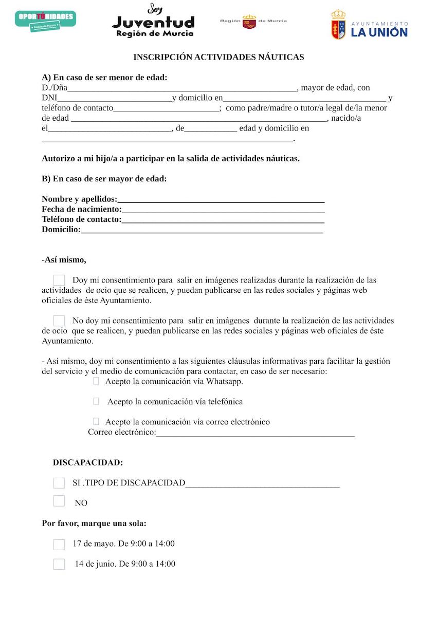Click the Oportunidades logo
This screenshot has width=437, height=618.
click(46, 20)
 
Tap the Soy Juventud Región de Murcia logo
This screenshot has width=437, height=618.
click(153, 21)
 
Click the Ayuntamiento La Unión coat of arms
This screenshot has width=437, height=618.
click(338, 25)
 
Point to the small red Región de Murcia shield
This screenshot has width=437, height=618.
click(249, 22)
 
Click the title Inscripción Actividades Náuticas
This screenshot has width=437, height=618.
click(219, 57)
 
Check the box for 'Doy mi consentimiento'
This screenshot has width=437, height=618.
click(59, 280)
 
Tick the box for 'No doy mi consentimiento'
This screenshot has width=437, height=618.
click(59, 321)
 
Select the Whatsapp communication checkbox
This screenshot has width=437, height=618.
click(96, 381)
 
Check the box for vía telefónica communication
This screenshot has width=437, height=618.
click(96, 401)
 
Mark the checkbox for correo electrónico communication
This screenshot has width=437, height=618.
click(96, 422)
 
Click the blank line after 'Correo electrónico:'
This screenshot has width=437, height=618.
click(255, 433)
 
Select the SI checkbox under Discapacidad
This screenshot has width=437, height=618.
click(59, 483)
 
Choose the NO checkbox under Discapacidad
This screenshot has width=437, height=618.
click(59, 501)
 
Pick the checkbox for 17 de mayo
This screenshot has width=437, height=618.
click(59, 544)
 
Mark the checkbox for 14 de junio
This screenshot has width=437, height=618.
click(59, 564)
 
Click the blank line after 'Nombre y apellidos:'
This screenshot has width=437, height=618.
click(221, 200)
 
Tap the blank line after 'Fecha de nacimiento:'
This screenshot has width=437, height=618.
click(223, 210)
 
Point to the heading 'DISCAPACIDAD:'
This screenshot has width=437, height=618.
click(88, 462)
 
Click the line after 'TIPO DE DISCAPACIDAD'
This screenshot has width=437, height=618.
click(262, 483)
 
